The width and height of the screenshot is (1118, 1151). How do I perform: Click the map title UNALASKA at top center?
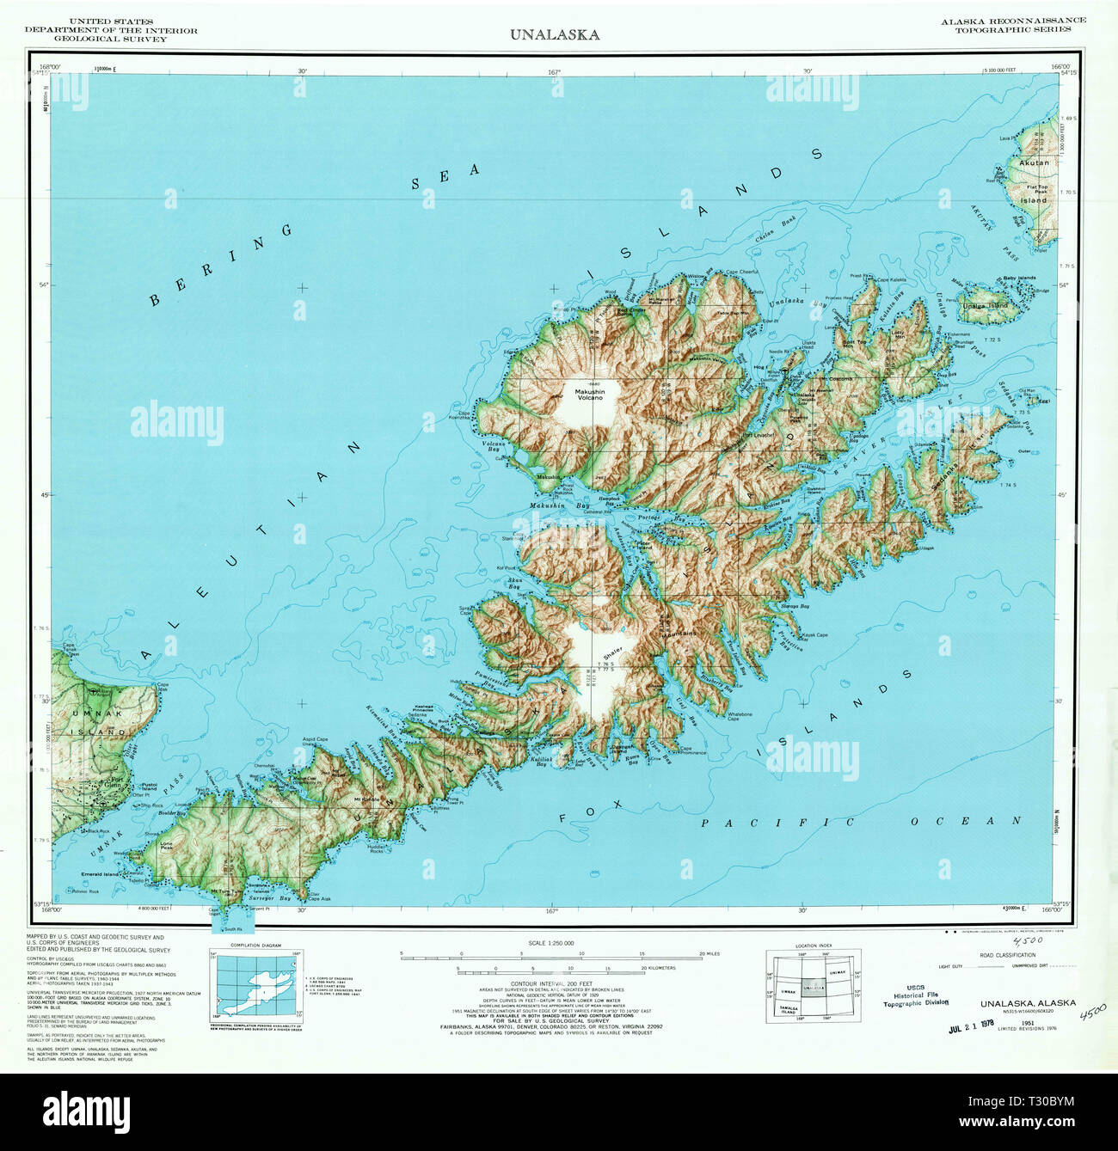555,35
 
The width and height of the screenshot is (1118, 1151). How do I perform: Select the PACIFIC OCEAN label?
861,822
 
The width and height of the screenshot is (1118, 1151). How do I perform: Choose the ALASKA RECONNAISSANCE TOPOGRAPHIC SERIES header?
1012,25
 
